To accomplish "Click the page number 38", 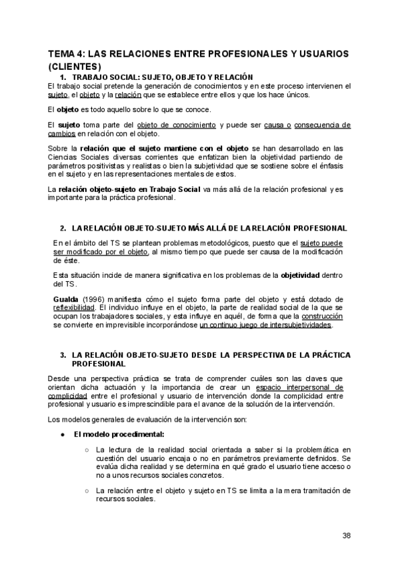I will (347, 535).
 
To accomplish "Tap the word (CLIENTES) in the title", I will (75, 66).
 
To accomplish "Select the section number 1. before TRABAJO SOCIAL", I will (64, 77).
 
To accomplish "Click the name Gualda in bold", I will (66, 299).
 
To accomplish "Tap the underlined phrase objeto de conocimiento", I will (176, 125).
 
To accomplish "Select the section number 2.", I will (63, 228).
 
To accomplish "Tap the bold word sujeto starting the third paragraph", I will (69, 125).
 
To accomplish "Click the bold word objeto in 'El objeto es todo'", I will (68, 109).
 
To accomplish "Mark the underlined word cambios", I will (63, 133).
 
